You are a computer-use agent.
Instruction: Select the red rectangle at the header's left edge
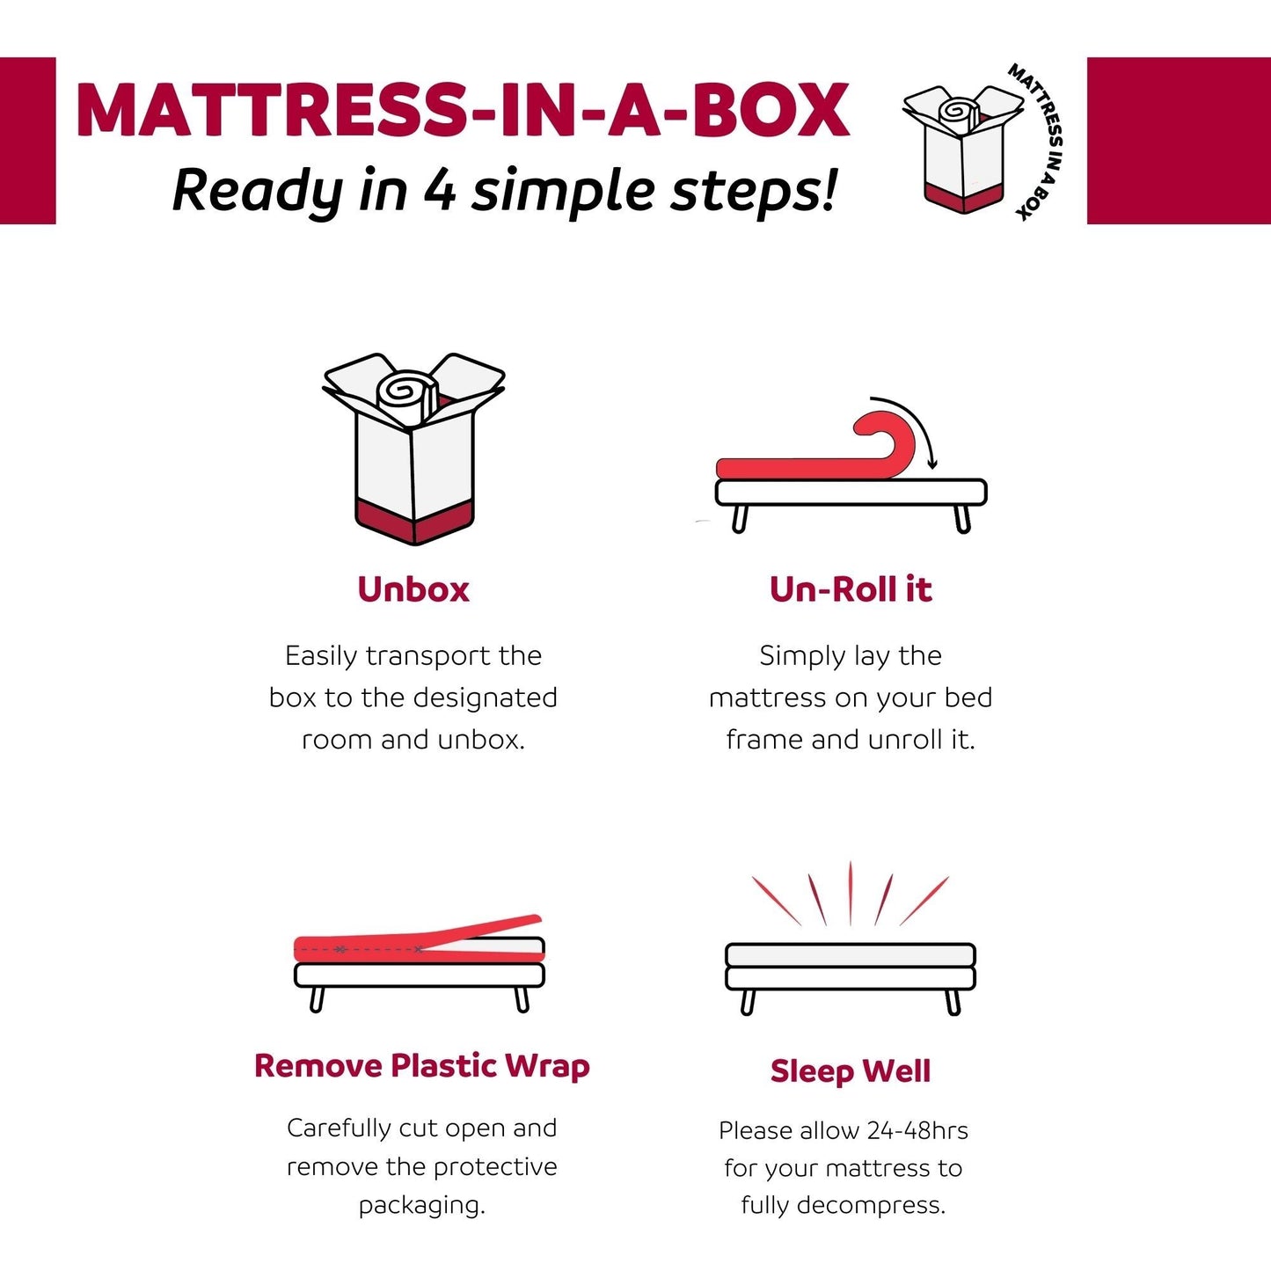click(27, 141)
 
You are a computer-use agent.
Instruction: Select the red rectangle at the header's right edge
click(1179, 141)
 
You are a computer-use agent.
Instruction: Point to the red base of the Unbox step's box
click(413, 521)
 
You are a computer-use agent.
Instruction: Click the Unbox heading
click(413, 589)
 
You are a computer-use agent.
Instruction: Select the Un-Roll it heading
click(851, 589)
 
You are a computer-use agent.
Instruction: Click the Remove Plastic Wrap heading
click(421, 1066)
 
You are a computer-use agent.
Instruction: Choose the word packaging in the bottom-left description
click(421, 1205)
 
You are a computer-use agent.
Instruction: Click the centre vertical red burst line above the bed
click(851, 893)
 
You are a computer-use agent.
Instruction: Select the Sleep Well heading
click(851, 1071)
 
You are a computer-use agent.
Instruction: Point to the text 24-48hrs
click(917, 1130)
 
